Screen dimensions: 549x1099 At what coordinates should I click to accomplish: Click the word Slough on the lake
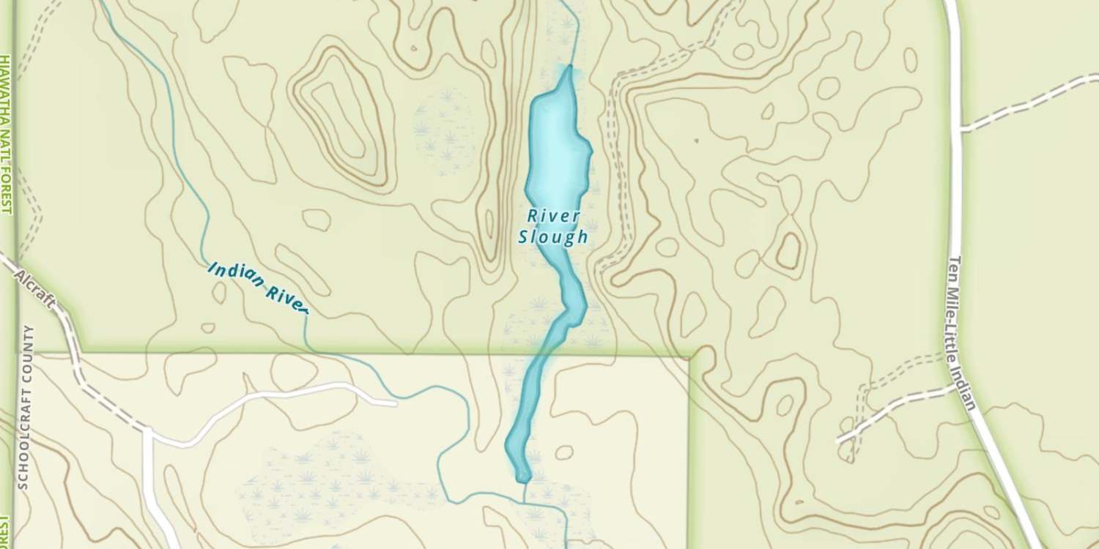(553, 236)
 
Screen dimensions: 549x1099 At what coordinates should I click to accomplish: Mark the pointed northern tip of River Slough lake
(569, 67)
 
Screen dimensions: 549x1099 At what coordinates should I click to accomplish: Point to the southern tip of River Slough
(522, 480)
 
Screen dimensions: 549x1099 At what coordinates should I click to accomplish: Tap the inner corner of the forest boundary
(689, 356)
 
